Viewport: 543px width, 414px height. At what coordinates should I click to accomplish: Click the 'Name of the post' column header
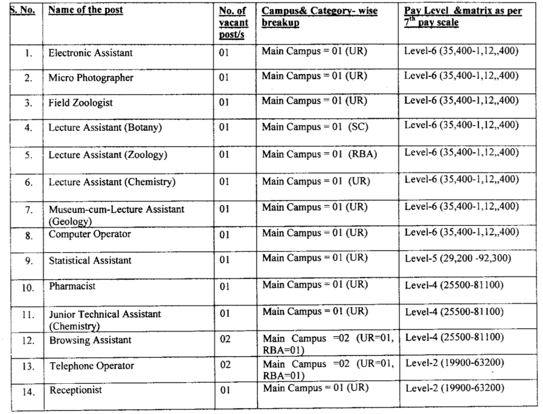[x=86, y=11]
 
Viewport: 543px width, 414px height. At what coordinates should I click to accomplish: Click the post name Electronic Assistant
[x=91, y=53]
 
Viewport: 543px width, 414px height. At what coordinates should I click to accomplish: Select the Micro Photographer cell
[x=91, y=78]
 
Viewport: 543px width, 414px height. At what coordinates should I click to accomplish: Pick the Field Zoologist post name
[x=81, y=103]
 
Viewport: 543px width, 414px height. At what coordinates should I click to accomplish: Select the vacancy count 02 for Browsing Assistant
[x=225, y=339]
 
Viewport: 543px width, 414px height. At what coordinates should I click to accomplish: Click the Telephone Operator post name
[x=92, y=366]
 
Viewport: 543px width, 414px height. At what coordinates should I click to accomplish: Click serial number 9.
[x=29, y=260]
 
